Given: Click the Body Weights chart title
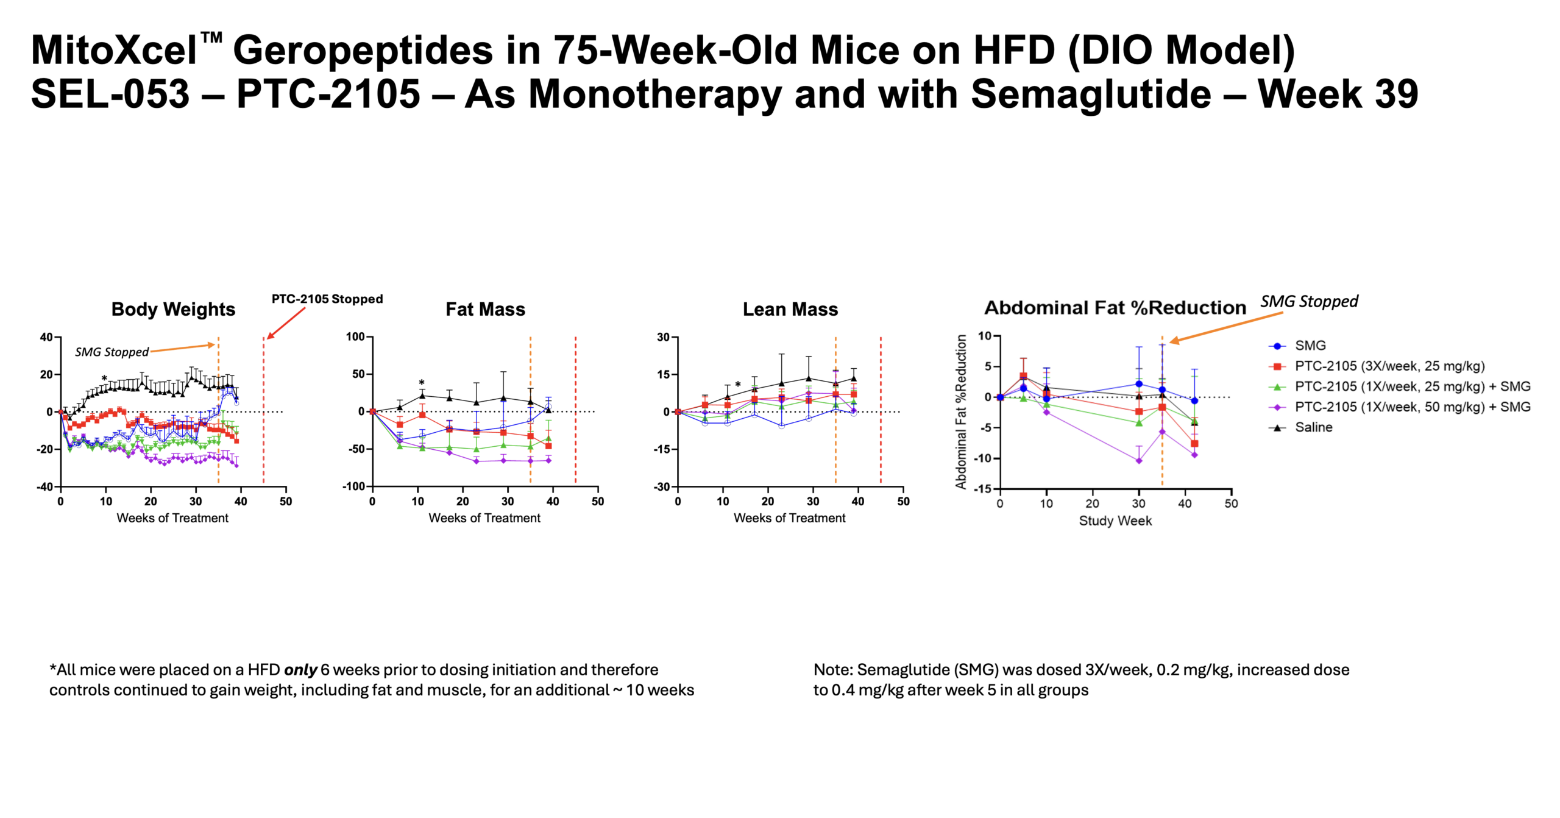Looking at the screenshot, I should (173, 309).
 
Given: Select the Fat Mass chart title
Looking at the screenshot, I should (485, 309).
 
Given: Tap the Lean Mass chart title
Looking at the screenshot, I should (790, 309).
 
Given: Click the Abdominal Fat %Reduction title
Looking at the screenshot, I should (1115, 308).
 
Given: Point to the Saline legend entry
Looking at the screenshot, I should (1313, 427).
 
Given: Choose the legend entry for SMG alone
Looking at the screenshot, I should (1310, 346).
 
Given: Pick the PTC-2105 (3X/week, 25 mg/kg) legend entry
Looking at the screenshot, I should (1389, 366).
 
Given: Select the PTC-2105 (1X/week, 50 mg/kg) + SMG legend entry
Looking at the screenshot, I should (1412, 407).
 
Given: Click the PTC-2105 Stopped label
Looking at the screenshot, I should (327, 299).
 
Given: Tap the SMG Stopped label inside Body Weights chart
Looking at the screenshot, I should (112, 352).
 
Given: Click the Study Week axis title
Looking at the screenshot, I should (1115, 521).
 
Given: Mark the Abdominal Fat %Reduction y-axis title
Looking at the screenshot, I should (961, 411).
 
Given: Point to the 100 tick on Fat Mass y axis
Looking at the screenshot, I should (355, 336).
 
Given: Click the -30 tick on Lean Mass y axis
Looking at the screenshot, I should (662, 486).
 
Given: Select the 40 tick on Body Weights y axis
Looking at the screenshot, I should (46, 337).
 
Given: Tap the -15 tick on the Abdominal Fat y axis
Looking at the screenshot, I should (984, 489).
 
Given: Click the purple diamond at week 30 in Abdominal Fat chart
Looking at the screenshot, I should (1138, 461).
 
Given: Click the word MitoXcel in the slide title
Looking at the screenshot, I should (114, 50).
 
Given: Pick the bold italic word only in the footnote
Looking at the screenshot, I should (300, 670).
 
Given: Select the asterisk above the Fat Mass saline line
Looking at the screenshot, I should (421, 383).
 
